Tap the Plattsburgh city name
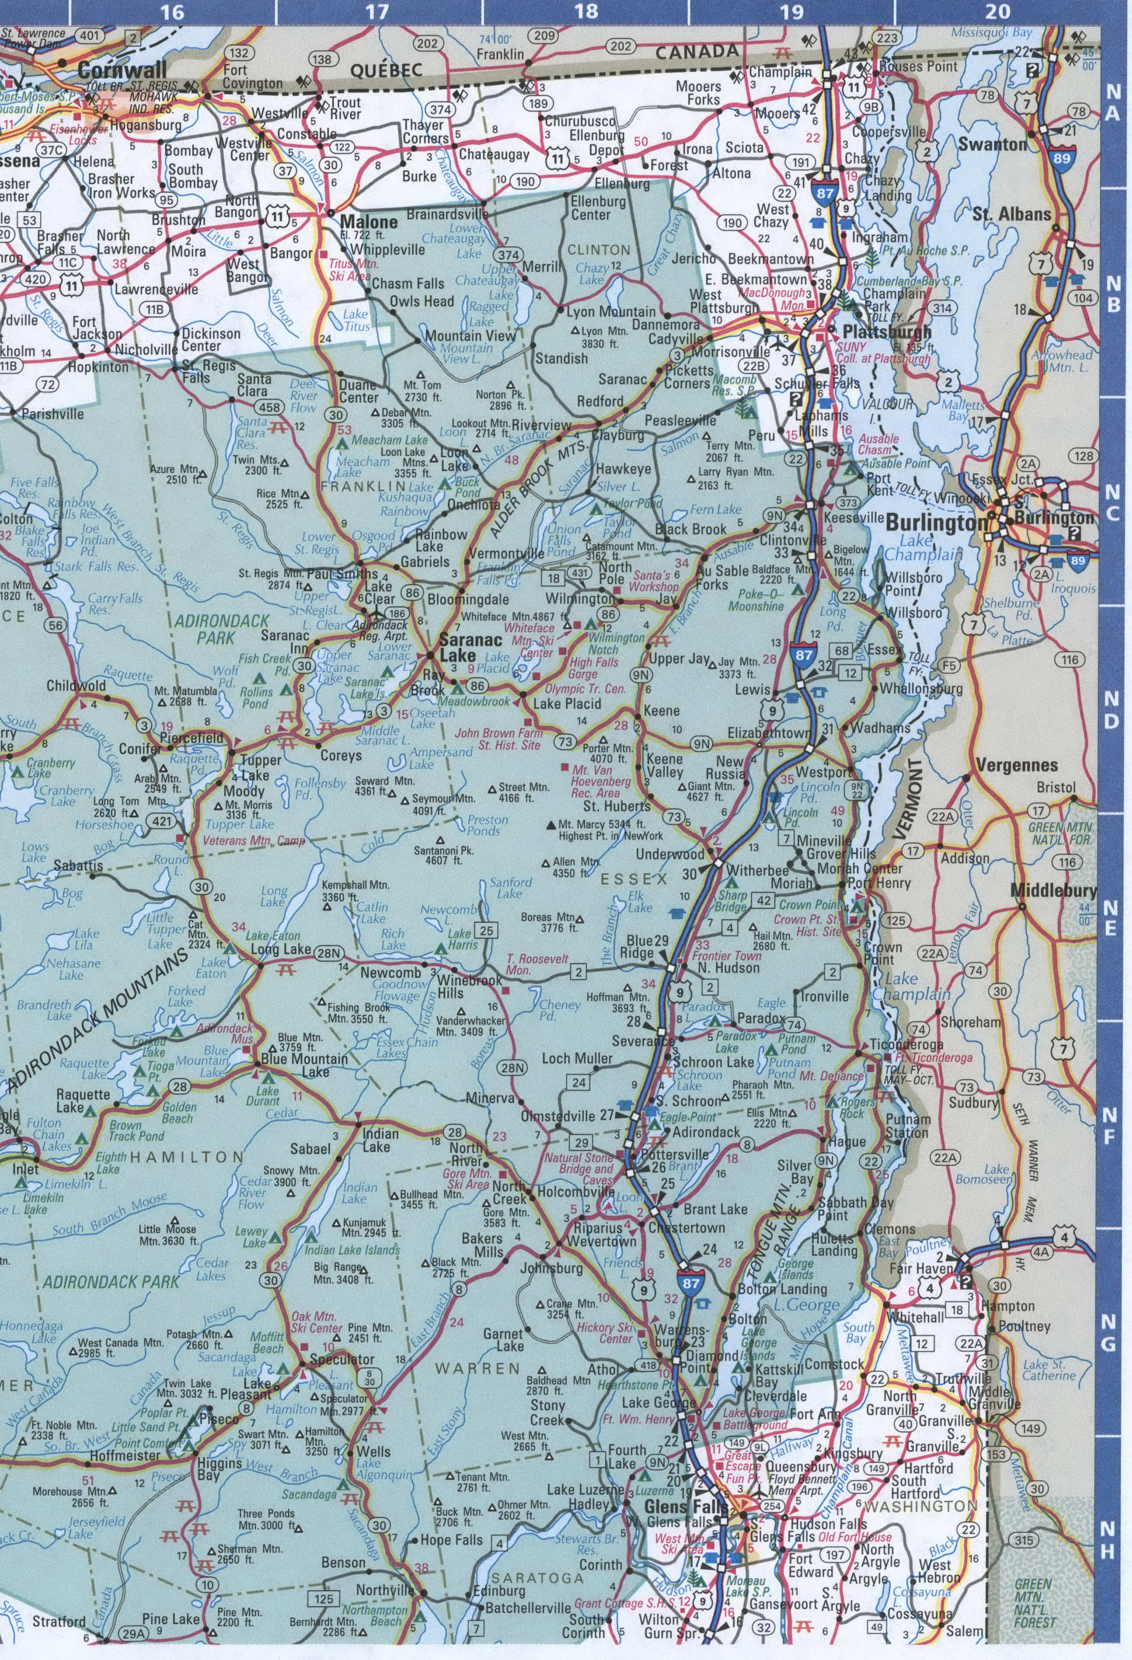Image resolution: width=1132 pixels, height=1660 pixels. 887,332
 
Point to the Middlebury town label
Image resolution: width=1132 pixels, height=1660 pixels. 1053,890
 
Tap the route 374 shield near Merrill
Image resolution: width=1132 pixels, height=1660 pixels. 509,255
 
